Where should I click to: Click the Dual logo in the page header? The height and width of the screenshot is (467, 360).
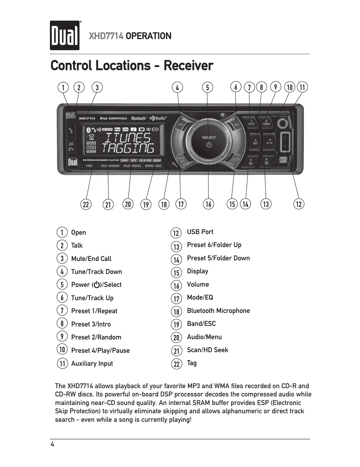pos(65,35)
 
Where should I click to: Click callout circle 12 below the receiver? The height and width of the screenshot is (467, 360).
pos(299,204)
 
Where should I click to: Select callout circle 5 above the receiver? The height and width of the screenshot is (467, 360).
pos(208,87)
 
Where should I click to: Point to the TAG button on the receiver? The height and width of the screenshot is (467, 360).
pos(89,166)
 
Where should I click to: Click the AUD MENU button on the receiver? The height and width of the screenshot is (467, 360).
pos(132,166)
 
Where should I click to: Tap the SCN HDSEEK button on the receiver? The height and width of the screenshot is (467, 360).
pos(110,166)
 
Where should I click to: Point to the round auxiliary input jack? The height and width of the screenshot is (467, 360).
pos(283,123)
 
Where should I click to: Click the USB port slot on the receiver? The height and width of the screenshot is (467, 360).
pos(284,143)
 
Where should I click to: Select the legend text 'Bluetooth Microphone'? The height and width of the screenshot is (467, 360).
pos(218,311)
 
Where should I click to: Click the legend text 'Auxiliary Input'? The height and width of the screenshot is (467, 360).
pos(92,363)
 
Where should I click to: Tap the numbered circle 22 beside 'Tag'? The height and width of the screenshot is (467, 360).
pos(176,364)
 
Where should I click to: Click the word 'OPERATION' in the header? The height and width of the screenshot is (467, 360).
pos(148,36)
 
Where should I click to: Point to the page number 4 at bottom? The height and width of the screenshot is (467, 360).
pos(53,444)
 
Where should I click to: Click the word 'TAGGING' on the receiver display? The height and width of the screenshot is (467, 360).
pos(128,148)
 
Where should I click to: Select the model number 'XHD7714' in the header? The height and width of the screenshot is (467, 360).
pos(106,36)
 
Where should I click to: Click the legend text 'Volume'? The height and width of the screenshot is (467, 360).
pos(198,284)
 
